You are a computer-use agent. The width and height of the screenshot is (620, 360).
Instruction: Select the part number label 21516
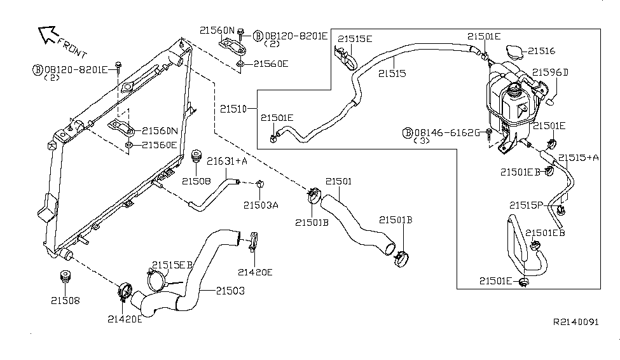point(542,50)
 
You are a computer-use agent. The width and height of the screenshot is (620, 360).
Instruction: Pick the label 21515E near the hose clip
point(355,39)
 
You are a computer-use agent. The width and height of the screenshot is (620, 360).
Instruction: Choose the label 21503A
point(261,205)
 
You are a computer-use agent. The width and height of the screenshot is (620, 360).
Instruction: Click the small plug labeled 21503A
point(260,184)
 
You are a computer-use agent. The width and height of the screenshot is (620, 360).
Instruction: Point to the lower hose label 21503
point(230,290)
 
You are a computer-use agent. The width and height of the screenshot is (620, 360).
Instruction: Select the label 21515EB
point(172,264)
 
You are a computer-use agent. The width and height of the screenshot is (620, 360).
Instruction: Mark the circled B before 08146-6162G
point(409,132)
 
